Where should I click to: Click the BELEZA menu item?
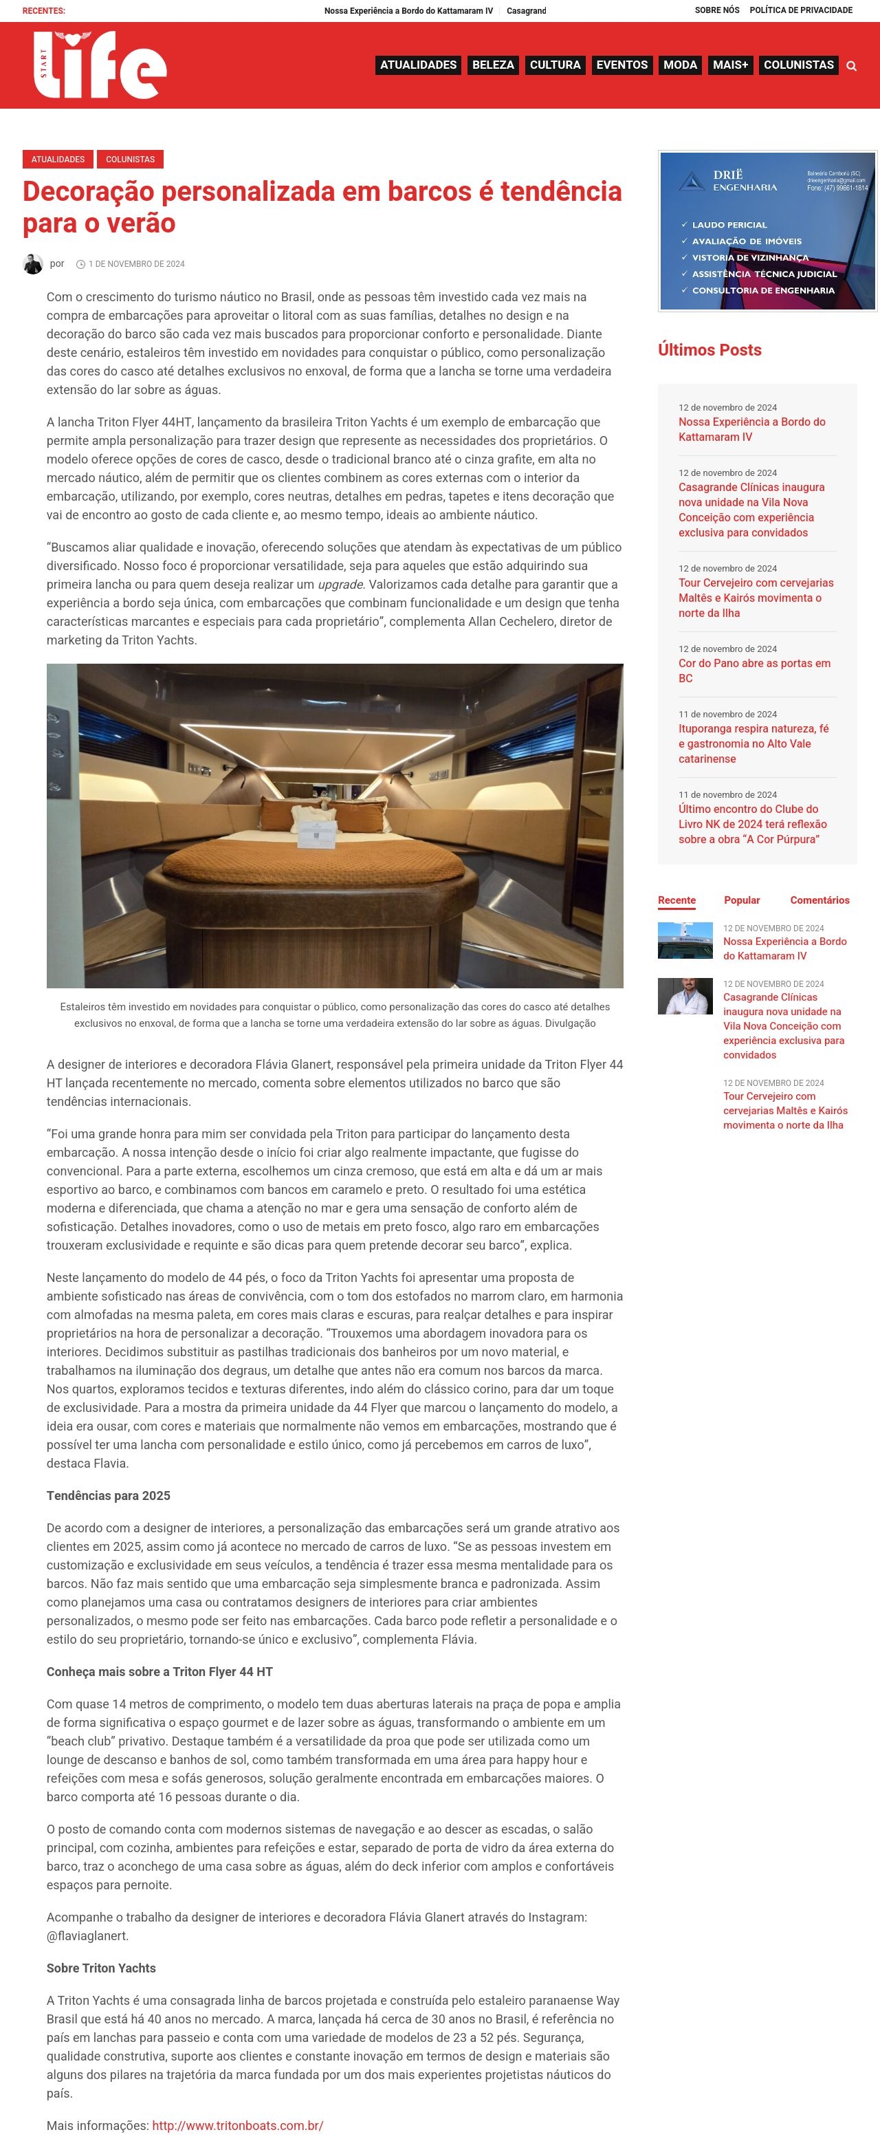click(x=493, y=65)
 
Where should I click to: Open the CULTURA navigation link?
click(x=555, y=65)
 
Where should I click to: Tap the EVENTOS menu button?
click(x=621, y=65)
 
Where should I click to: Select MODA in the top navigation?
click(x=680, y=65)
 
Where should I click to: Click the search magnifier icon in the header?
click(x=851, y=65)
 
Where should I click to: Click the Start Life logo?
click(x=100, y=65)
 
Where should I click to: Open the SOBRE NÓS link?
click(x=716, y=10)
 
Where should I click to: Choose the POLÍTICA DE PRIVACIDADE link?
click(x=800, y=10)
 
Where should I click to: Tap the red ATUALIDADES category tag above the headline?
click(x=58, y=159)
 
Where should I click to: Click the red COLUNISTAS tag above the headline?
click(x=131, y=159)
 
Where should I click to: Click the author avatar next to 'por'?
click(x=32, y=263)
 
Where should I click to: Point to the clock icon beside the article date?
click(x=80, y=264)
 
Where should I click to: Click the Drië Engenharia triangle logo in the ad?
click(x=692, y=181)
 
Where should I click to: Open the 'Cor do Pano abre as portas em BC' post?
click(x=753, y=671)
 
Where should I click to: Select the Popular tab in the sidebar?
click(x=741, y=900)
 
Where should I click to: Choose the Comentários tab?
click(x=819, y=900)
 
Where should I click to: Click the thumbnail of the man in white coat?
click(x=685, y=996)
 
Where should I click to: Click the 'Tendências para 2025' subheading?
click(x=108, y=1495)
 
